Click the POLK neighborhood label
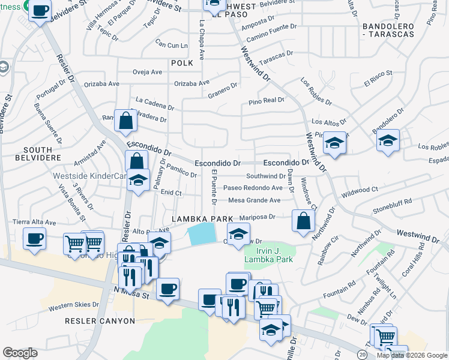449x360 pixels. pyautogui.click(x=182, y=62)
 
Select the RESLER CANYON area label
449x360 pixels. pyautogui.click(x=100, y=321)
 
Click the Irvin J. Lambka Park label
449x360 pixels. pyautogui.click(x=268, y=255)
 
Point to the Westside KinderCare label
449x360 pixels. pyautogui.click(x=91, y=176)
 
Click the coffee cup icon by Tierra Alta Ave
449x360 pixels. pyautogui.click(x=34, y=238)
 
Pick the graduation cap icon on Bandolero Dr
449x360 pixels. pyautogui.click(x=388, y=140)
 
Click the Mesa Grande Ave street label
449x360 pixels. pyautogui.click(x=254, y=200)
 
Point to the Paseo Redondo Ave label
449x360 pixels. pyautogui.click(x=253, y=188)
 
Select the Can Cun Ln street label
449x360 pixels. pyautogui.click(x=171, y=44)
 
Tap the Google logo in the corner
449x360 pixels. pyautogui.click(x=20, y=353)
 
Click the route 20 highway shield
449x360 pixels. pyautogui.click(x=363, y=355)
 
